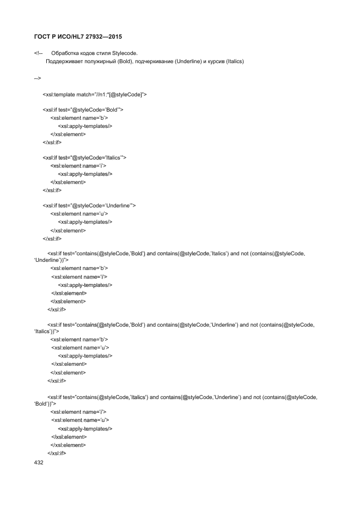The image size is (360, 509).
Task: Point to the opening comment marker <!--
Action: point(38,54)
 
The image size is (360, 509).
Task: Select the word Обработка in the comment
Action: point(63,54)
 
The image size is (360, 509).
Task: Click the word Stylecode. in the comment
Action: point(125,54)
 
